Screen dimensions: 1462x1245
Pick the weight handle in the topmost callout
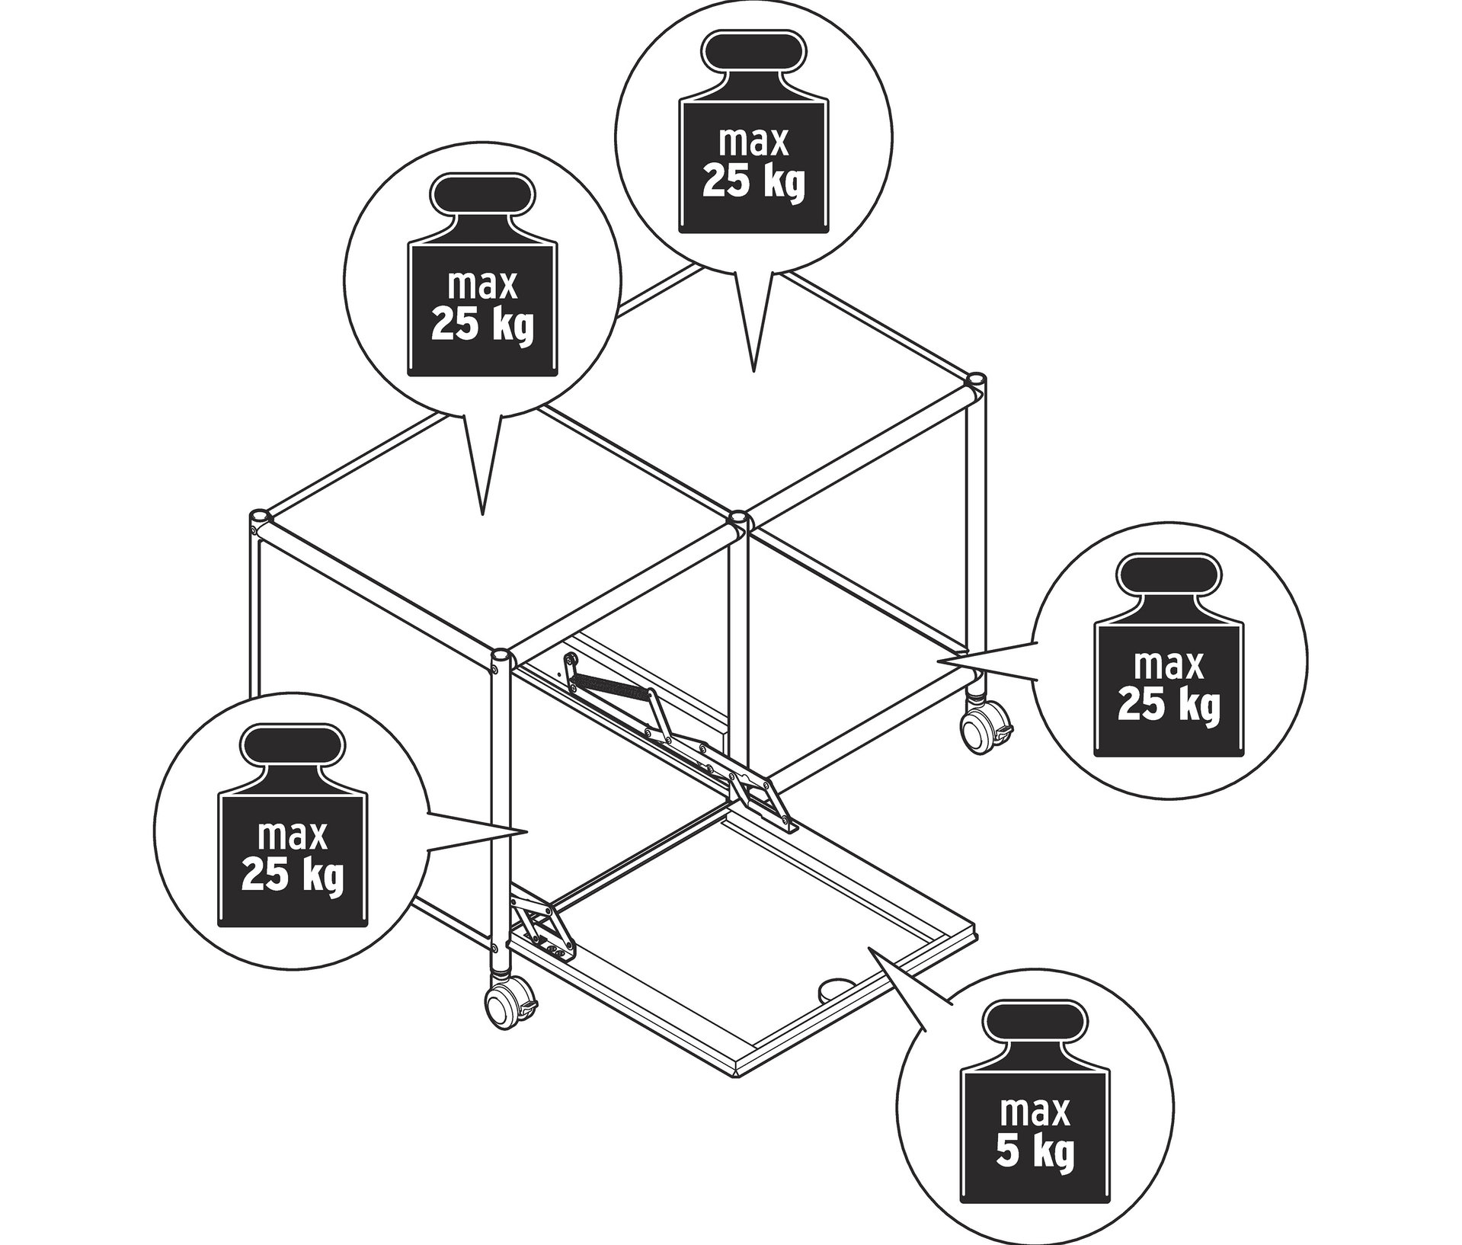coord(752,54)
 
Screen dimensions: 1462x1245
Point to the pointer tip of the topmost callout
coord(753,371)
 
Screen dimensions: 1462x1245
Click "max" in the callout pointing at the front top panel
coord(482,286)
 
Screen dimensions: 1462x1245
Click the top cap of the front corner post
coord(501,656)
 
